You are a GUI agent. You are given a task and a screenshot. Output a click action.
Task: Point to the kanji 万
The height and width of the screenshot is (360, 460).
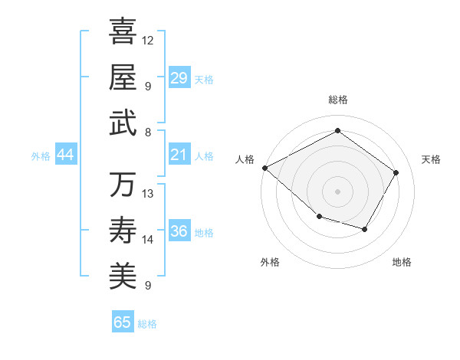tap(123, 185)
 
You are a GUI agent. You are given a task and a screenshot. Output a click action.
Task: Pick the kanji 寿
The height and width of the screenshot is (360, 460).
tap(123, 230)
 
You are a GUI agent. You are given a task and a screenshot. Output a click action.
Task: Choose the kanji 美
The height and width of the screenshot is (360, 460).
tap(123, 276)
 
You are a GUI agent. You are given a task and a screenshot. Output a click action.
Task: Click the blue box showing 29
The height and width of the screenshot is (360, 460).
tap(179, 78)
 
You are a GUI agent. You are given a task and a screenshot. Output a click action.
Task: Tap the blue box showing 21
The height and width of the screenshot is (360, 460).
tap(179, 155)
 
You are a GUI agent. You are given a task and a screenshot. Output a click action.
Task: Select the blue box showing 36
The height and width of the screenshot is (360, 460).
tap(179, 231)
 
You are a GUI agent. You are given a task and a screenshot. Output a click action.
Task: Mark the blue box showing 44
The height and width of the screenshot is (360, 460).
tap(65, 155)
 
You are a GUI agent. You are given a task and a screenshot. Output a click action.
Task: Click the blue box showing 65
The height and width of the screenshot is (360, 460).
tap(123, 322)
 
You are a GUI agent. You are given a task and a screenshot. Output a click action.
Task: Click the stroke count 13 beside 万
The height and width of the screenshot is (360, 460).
tap(148, 193)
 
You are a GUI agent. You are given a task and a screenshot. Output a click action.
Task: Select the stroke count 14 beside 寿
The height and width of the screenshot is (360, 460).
tap(148, 240)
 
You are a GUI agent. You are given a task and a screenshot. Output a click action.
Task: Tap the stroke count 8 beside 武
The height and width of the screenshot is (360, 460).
tap(148, 132)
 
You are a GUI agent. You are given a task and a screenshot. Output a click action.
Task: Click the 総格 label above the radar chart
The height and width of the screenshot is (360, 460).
tap(337, 100)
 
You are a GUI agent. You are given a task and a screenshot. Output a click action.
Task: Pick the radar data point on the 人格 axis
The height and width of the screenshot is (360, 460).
tap(264, 168)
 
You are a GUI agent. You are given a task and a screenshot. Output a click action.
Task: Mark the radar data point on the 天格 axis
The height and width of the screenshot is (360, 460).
tap(396, 172)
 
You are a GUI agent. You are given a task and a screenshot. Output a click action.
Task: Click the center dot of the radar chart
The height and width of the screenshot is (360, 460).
tap(337, 191)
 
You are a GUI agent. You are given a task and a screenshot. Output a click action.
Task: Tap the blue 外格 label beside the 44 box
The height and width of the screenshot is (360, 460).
tap(41, 155)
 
